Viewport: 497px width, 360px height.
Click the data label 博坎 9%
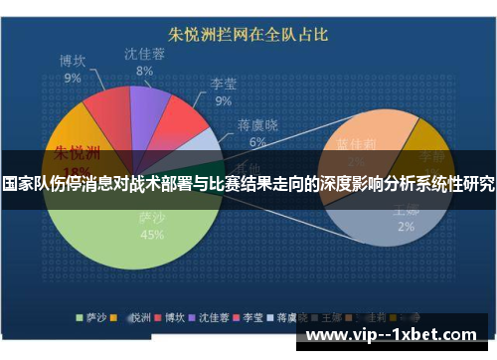[x=73, y=68]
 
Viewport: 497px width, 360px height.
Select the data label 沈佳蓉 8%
[x=145, y=62]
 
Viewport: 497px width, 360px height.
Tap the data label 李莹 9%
[x=223, y=92]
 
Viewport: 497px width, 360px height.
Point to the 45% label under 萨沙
[x=151, y=235]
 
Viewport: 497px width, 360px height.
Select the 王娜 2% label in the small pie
[x=406, y=219]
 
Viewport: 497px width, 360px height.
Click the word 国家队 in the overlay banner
[x=26, y=184]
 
